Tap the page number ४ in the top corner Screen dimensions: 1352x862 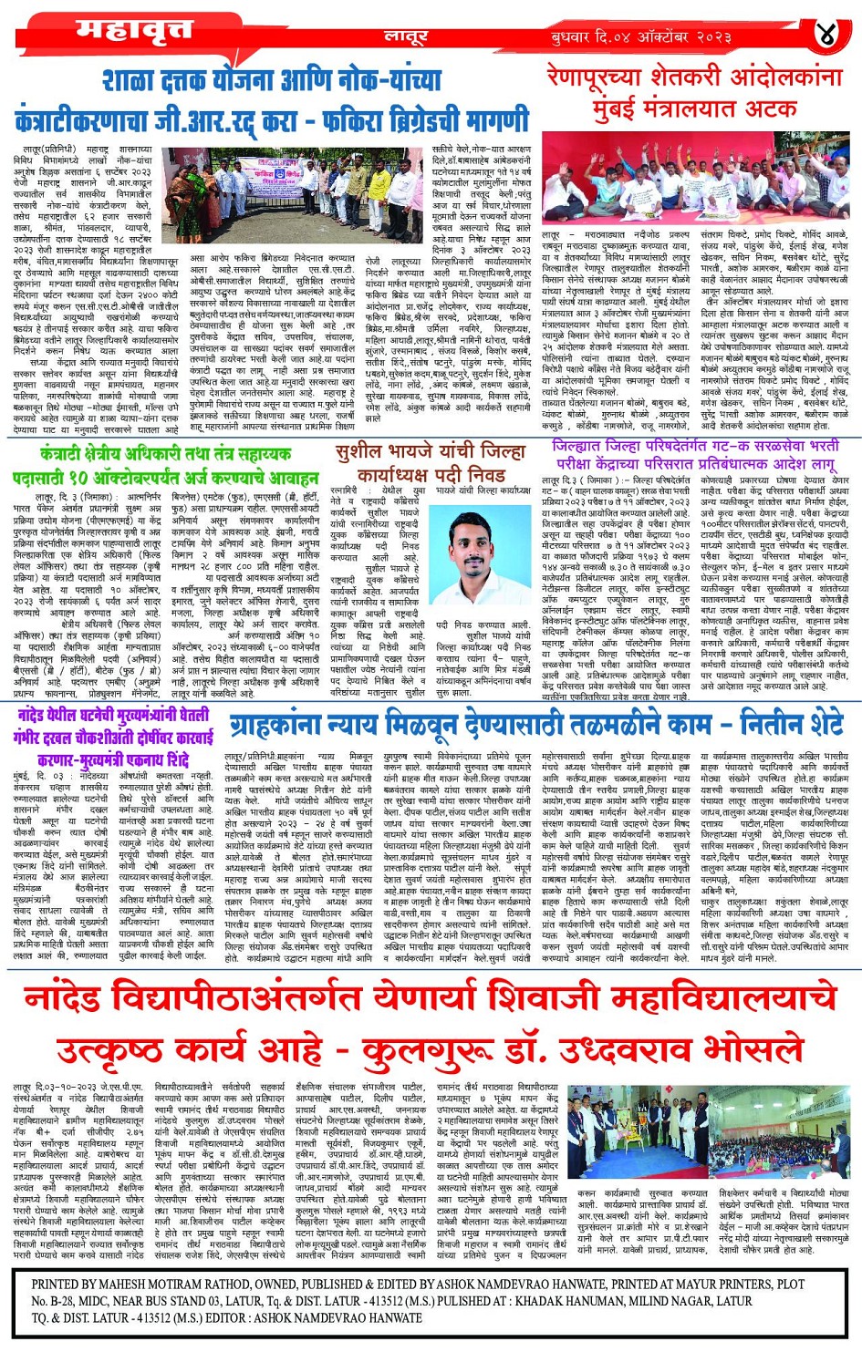pyautogui.click(x=826, y=35)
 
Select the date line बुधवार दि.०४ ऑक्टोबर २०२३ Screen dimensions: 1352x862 pyautogui.click(x=640, y=36)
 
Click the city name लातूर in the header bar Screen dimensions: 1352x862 pyautogui.click(x=405, y=37)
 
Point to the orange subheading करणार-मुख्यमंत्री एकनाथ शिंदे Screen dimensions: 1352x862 pyautogui.click(x=113, y=760)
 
